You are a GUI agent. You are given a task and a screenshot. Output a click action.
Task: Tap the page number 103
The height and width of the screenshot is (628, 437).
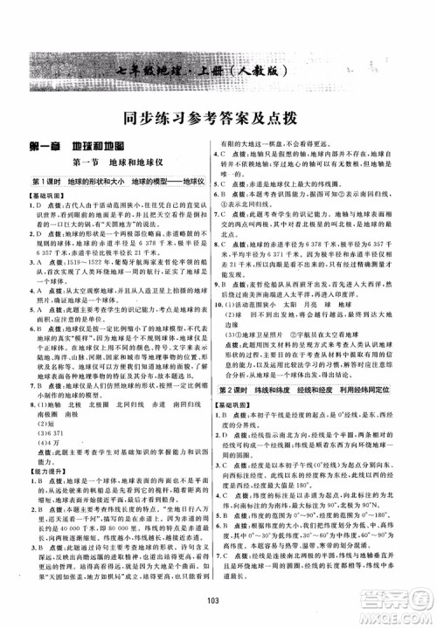click(x=218, y=609)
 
